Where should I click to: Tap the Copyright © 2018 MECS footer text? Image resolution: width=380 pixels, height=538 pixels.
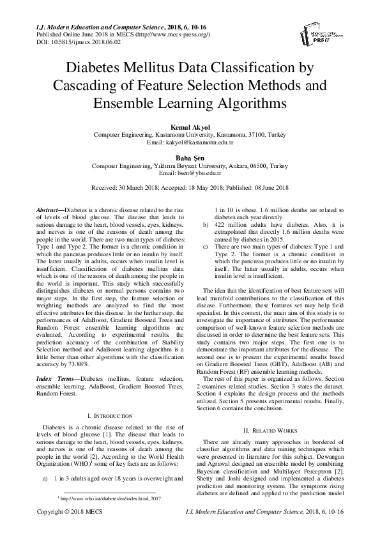66,530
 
